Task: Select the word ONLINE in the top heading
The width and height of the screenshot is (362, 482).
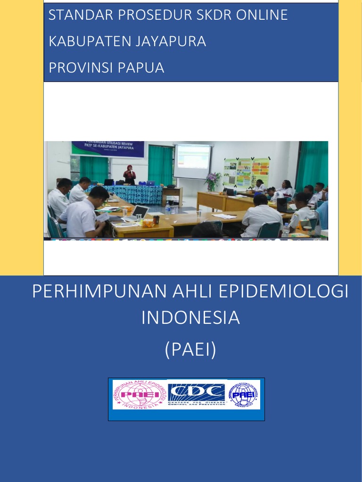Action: [263, 15]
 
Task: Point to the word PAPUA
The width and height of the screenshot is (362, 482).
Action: [141, 68]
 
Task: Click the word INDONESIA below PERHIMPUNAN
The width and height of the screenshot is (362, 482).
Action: [190, 318]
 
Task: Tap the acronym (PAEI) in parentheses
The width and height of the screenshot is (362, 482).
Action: [190, 350]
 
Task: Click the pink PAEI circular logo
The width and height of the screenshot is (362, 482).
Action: [140, 394]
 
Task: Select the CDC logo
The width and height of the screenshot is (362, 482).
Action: [197, 394]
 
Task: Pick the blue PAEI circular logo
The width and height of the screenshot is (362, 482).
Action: [244, 394]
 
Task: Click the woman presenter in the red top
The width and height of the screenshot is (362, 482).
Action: [129, 175]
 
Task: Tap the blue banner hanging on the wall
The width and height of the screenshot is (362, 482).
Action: [108, 149]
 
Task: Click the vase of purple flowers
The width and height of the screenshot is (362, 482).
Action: [212, 181]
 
